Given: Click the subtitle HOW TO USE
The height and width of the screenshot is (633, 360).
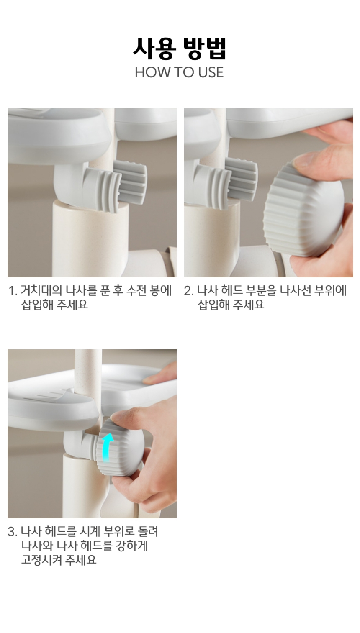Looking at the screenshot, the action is tap(179, 72).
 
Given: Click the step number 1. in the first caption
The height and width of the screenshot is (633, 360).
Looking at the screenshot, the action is tap(13, 291).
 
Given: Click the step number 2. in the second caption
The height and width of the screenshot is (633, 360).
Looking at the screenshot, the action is tap(189, 291).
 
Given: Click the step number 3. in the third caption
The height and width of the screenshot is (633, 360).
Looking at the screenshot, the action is tap(13, 532).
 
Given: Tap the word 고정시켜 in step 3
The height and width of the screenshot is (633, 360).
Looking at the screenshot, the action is tap(41, 559).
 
